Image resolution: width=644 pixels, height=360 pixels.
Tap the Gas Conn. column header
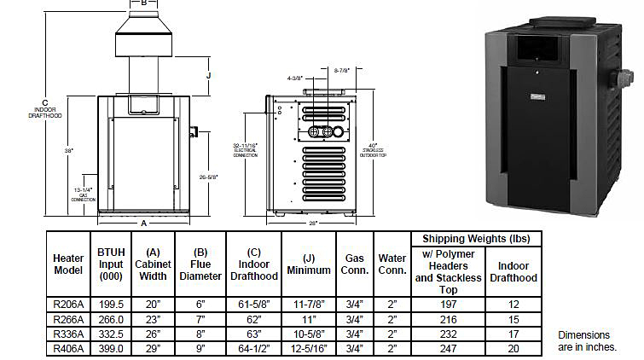[x=355, y=264]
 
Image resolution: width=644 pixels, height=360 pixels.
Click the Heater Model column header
[x=68, y=264]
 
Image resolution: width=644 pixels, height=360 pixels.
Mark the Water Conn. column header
[x=392, y=264]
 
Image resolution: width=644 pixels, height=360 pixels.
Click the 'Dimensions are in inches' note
[x=587, y=341]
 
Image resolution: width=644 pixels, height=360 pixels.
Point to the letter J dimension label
[x=208, y=75]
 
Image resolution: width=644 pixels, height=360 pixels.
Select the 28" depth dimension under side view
[x=314, y=224]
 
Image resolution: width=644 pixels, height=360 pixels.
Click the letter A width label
[x=142, y=224]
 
